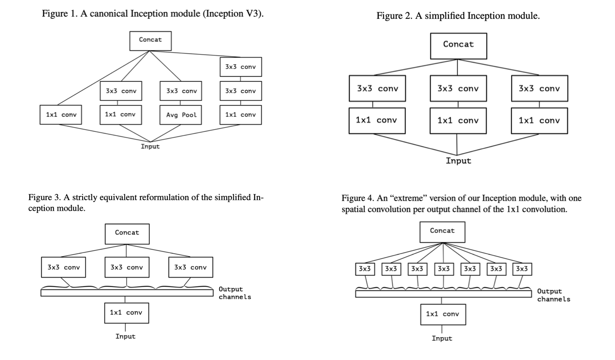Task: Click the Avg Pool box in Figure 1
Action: tap(181, 115)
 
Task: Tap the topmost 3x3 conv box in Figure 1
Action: tap(240, 67)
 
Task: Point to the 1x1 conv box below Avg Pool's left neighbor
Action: tap(120, 115)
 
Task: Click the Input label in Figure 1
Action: tap(150, 146)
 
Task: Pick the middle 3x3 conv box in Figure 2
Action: tap(458, 88)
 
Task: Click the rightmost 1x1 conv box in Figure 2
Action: tap(539, 120)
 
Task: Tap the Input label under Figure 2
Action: tap(458, 161)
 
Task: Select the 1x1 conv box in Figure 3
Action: tap(127, 313)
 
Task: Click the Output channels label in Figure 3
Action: tap(235, 293)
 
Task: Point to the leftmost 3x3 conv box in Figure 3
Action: tap(63, 267)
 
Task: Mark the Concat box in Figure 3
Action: tap(127, 233)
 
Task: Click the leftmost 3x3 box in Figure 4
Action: tap(365, 269)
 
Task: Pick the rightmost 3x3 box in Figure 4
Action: tap(521, 269)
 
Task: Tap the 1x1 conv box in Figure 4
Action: tap(443, 314)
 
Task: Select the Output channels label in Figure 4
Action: tap(553, 295)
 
